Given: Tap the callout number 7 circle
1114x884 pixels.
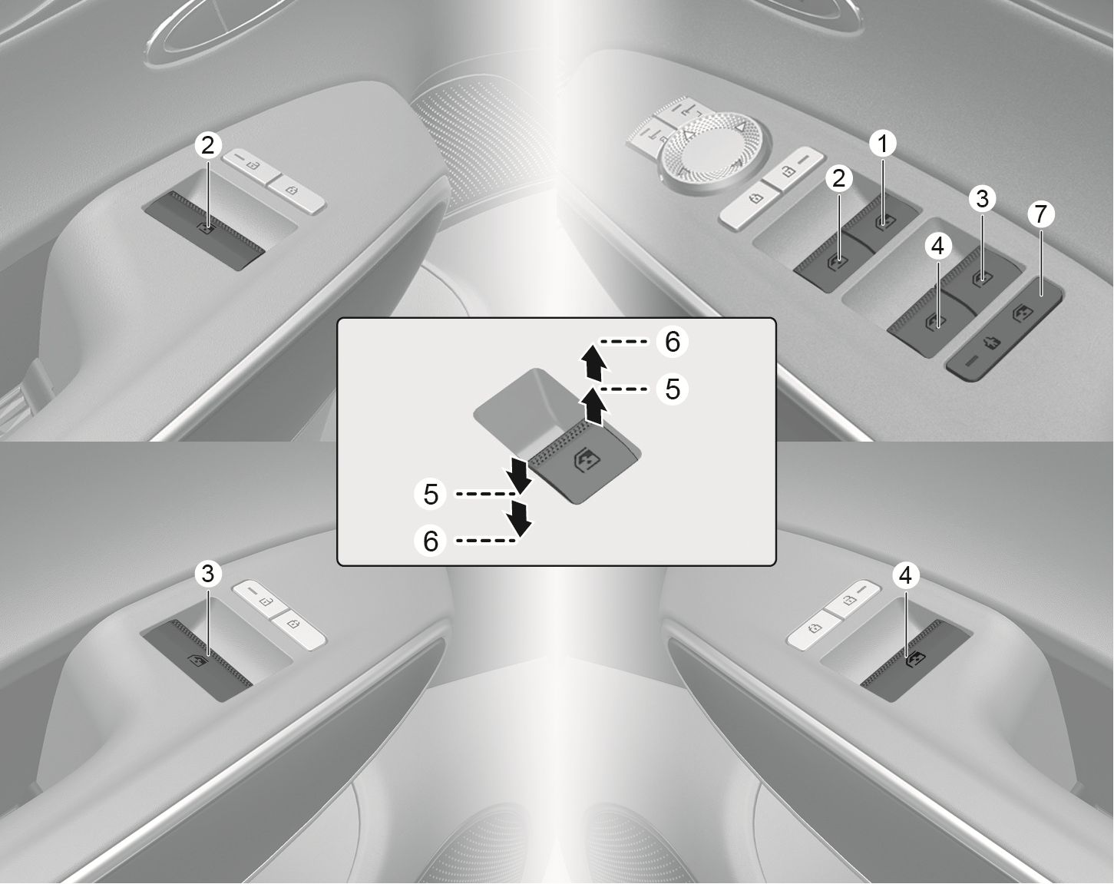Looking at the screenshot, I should [1040, 214].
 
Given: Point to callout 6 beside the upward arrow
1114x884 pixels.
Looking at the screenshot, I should [673, 342].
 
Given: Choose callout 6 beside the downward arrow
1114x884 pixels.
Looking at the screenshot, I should [431, 541].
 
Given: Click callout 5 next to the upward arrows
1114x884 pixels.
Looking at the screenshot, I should [673, 389].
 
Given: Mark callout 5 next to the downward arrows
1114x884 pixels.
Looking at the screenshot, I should [431, 494].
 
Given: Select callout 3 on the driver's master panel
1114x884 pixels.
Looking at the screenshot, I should [980, 200].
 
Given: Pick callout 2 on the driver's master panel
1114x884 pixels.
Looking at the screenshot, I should [838, 179].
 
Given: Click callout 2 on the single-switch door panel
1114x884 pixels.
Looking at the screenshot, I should [207, 144].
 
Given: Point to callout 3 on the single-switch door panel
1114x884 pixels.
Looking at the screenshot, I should [207, 573].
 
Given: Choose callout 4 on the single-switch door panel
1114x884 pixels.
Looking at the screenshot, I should [907, 574].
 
